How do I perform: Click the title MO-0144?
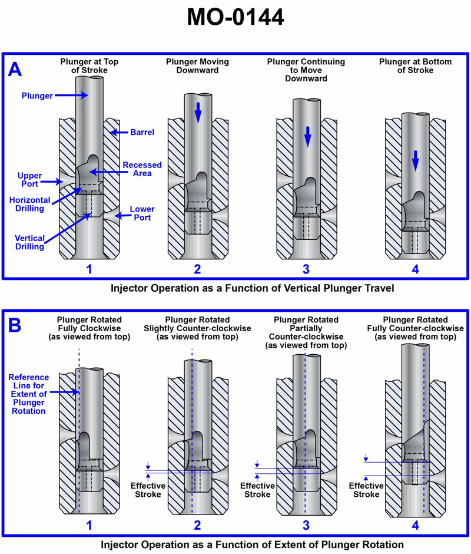coord(235,17)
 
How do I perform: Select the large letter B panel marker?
coord(15,324)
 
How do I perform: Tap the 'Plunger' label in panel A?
coord(37,95)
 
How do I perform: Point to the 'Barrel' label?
coord(142,133)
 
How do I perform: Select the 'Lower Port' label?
coord(142,213)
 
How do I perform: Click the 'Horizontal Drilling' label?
coord(28,205)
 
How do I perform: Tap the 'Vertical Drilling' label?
coord(29,242)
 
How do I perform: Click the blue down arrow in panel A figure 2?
coord(198,113)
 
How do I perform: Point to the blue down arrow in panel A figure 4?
coord(415,160)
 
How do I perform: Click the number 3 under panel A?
coord(306,269)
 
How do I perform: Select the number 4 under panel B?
coord(414,525)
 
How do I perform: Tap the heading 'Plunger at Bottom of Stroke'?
coord(415,65)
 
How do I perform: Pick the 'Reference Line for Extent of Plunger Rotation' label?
coord(29,394)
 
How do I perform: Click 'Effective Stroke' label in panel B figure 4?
coord(366,490)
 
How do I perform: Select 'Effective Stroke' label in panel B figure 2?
coord(148,490)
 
